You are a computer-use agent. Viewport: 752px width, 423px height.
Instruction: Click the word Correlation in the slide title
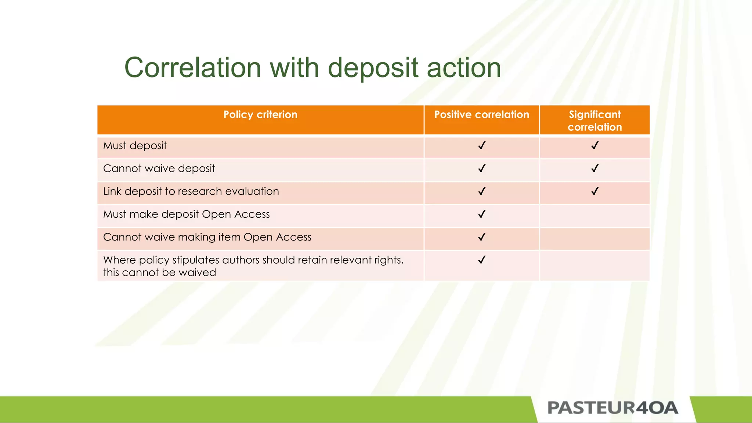(193, 68)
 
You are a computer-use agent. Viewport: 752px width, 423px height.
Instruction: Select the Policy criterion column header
(260, 115)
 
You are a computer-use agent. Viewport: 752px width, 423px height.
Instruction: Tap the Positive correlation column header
(481, 115)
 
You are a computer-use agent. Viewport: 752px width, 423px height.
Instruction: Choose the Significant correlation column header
(594, 120)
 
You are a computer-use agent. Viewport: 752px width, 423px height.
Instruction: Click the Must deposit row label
(135, 146)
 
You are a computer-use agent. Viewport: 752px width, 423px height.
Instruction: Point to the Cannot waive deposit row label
(159, 169)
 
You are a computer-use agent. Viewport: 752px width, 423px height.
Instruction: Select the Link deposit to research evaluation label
(191, 191)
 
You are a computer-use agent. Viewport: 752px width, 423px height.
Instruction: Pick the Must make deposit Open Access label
(186, 214)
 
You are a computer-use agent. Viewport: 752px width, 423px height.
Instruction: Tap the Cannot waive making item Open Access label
(207, 237)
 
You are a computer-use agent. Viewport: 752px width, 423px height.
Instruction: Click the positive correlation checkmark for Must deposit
(482, 146)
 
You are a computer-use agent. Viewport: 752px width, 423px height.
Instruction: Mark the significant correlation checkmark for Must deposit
(594, 146)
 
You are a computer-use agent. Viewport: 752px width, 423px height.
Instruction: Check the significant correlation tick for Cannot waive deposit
(594, 169)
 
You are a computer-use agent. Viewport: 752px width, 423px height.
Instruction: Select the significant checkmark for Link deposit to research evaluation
(594, 191)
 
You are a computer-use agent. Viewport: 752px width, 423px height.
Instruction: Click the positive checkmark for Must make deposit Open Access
(482, 214)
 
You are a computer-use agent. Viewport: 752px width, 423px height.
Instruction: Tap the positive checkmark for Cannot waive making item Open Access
(482, 237)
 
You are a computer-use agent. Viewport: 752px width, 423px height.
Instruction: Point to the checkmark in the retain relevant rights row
(482, 260)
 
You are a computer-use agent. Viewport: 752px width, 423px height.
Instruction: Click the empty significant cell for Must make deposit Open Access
(594, 216)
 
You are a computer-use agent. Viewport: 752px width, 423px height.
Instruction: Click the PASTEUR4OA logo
(612, 408)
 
